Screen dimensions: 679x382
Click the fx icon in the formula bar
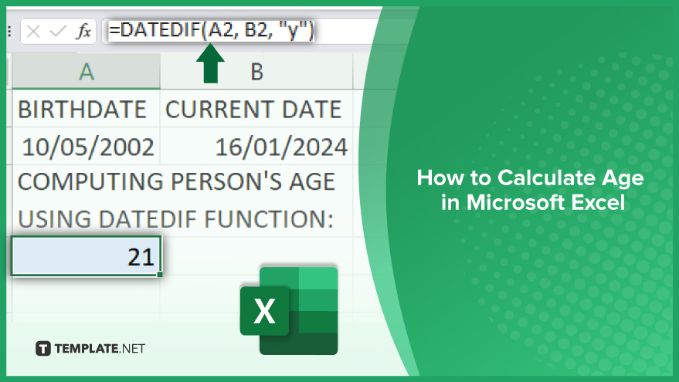[x=84, y=31]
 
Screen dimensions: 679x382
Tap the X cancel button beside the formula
[x=33, y=31]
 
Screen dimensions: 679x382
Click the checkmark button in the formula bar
[x=58, y=31]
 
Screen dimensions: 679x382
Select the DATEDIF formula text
[x=212, y=30]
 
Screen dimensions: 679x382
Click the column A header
[x=87, y=71]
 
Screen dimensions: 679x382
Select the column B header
[x=256, y=71]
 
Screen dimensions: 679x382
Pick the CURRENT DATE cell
[x=256, y=109]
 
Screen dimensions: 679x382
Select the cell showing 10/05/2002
[x=87, y=146]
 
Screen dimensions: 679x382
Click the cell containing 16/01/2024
[x=256, y=146]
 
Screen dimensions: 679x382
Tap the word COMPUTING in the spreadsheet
[x=90, y=181]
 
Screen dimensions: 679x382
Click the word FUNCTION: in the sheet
[x=269, y=219]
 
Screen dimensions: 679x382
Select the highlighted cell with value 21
[x=87, y=256]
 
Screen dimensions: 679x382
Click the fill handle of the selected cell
[x=160, y=274]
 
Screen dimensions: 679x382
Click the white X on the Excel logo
[x=264, y=311]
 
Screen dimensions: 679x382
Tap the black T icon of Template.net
[x=42, y=348]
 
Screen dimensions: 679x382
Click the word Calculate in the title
[x=546, y=177]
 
